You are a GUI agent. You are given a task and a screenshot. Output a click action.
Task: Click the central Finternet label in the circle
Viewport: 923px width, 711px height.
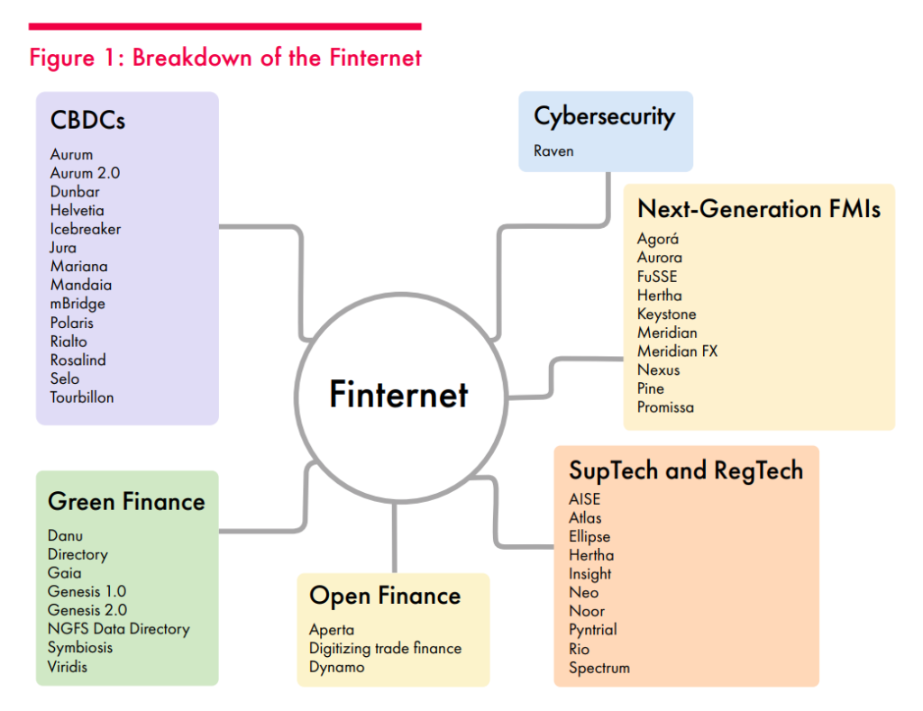coord(398,394)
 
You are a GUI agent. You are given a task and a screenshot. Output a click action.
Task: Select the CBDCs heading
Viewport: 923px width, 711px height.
coord(87,120)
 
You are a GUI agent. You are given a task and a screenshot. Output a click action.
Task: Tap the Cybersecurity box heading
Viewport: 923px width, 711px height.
coord(605,117)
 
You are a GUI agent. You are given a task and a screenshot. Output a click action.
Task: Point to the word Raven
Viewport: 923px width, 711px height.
coord(553,150)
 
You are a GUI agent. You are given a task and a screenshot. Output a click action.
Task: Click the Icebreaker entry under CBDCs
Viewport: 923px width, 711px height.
coord(86,229)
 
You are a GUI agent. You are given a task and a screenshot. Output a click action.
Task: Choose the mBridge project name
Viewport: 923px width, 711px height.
coord(78,304)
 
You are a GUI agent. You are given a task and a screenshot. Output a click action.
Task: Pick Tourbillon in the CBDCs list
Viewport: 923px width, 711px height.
coord(82,397)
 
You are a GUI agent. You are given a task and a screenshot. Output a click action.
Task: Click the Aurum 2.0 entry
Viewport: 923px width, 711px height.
coord(85,173)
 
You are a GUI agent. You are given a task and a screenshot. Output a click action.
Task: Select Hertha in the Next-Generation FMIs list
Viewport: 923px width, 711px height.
coord(659,295)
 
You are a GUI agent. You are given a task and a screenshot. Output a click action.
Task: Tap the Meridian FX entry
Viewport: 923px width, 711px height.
coord(678,351)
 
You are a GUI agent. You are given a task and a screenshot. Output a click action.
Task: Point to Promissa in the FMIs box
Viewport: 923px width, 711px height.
coord(665,407)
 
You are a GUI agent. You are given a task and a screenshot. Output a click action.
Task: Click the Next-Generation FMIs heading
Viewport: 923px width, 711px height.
coord(759,209)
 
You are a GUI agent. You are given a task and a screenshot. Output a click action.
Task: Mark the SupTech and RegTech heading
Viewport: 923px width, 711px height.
coord(686,470)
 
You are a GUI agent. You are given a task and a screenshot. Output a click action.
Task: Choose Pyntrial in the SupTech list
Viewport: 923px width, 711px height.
coord(593,630)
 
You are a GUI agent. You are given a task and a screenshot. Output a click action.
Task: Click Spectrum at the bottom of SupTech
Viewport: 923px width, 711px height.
coord(599,668)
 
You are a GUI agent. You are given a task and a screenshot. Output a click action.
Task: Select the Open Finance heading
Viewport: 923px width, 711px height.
coord(385,596)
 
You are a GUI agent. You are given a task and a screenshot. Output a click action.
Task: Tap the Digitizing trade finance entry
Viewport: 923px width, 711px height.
coord(385,649)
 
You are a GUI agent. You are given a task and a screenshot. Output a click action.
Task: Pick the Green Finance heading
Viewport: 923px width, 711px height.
coord(126,501)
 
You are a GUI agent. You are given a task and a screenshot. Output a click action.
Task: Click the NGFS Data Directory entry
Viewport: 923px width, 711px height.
coord(118,629)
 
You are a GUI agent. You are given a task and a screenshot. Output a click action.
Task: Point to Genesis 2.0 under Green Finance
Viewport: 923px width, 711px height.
coord(87,610)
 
